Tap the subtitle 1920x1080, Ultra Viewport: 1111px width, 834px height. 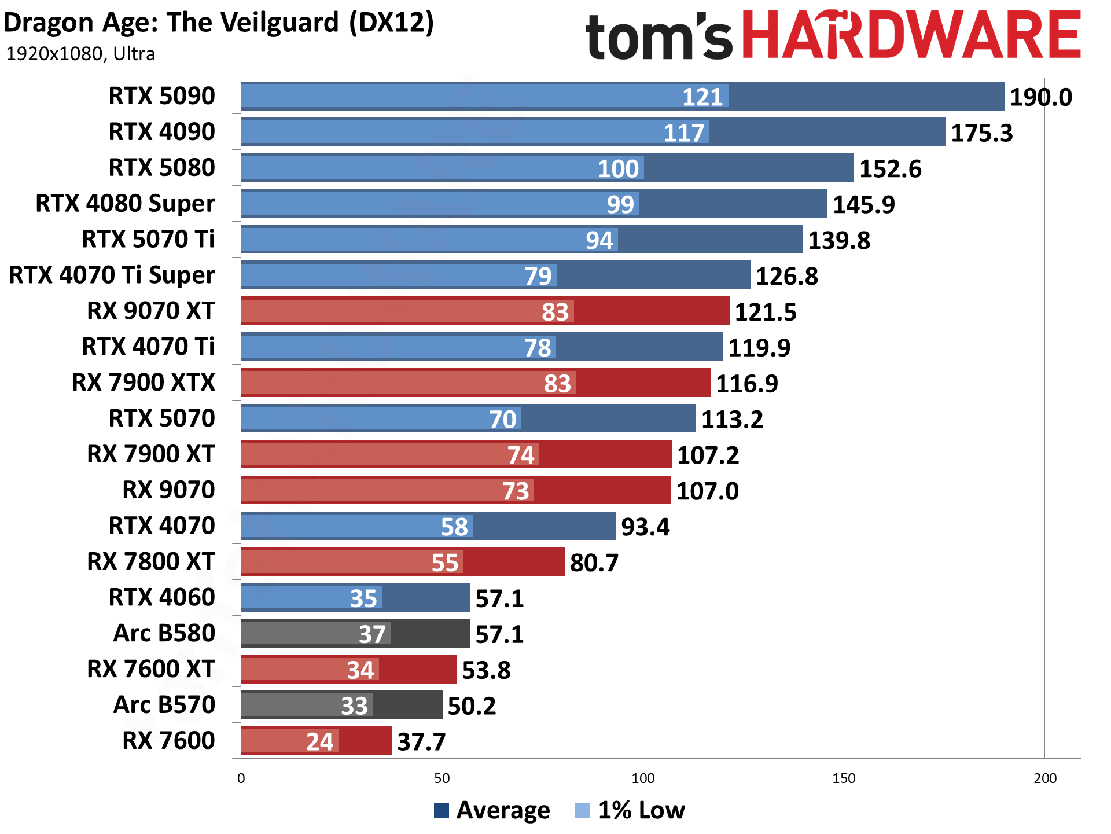tap(80, 54)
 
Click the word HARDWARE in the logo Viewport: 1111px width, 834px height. tap(911, 36)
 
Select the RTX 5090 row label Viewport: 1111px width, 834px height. tap(161, 96)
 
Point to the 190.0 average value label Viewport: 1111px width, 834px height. tap(1040, 97)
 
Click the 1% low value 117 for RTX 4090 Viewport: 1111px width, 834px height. tap(683, 133)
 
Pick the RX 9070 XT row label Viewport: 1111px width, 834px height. tap(150, 311)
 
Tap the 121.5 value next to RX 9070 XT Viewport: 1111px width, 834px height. tap(765, 313)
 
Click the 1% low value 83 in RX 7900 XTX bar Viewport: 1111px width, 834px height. tap(557, 384)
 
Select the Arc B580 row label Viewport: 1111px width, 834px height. tap(164, 633)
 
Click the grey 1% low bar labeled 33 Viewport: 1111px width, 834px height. tap(307, 706)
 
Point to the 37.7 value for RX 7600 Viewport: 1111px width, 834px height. tap(421, 742)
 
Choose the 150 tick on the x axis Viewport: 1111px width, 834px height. tap(843, 778)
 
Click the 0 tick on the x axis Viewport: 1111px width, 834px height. tap(241, 778)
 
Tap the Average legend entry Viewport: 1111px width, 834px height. tap(492, 810)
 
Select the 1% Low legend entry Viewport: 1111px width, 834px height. tap(631, 810)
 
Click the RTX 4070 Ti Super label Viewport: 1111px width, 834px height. tap(112, 275)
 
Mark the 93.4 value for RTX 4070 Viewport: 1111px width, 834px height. tap(645, 527)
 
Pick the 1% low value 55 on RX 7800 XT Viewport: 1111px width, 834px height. tap(444, 563)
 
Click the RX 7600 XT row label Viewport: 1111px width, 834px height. tap(150, 669)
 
